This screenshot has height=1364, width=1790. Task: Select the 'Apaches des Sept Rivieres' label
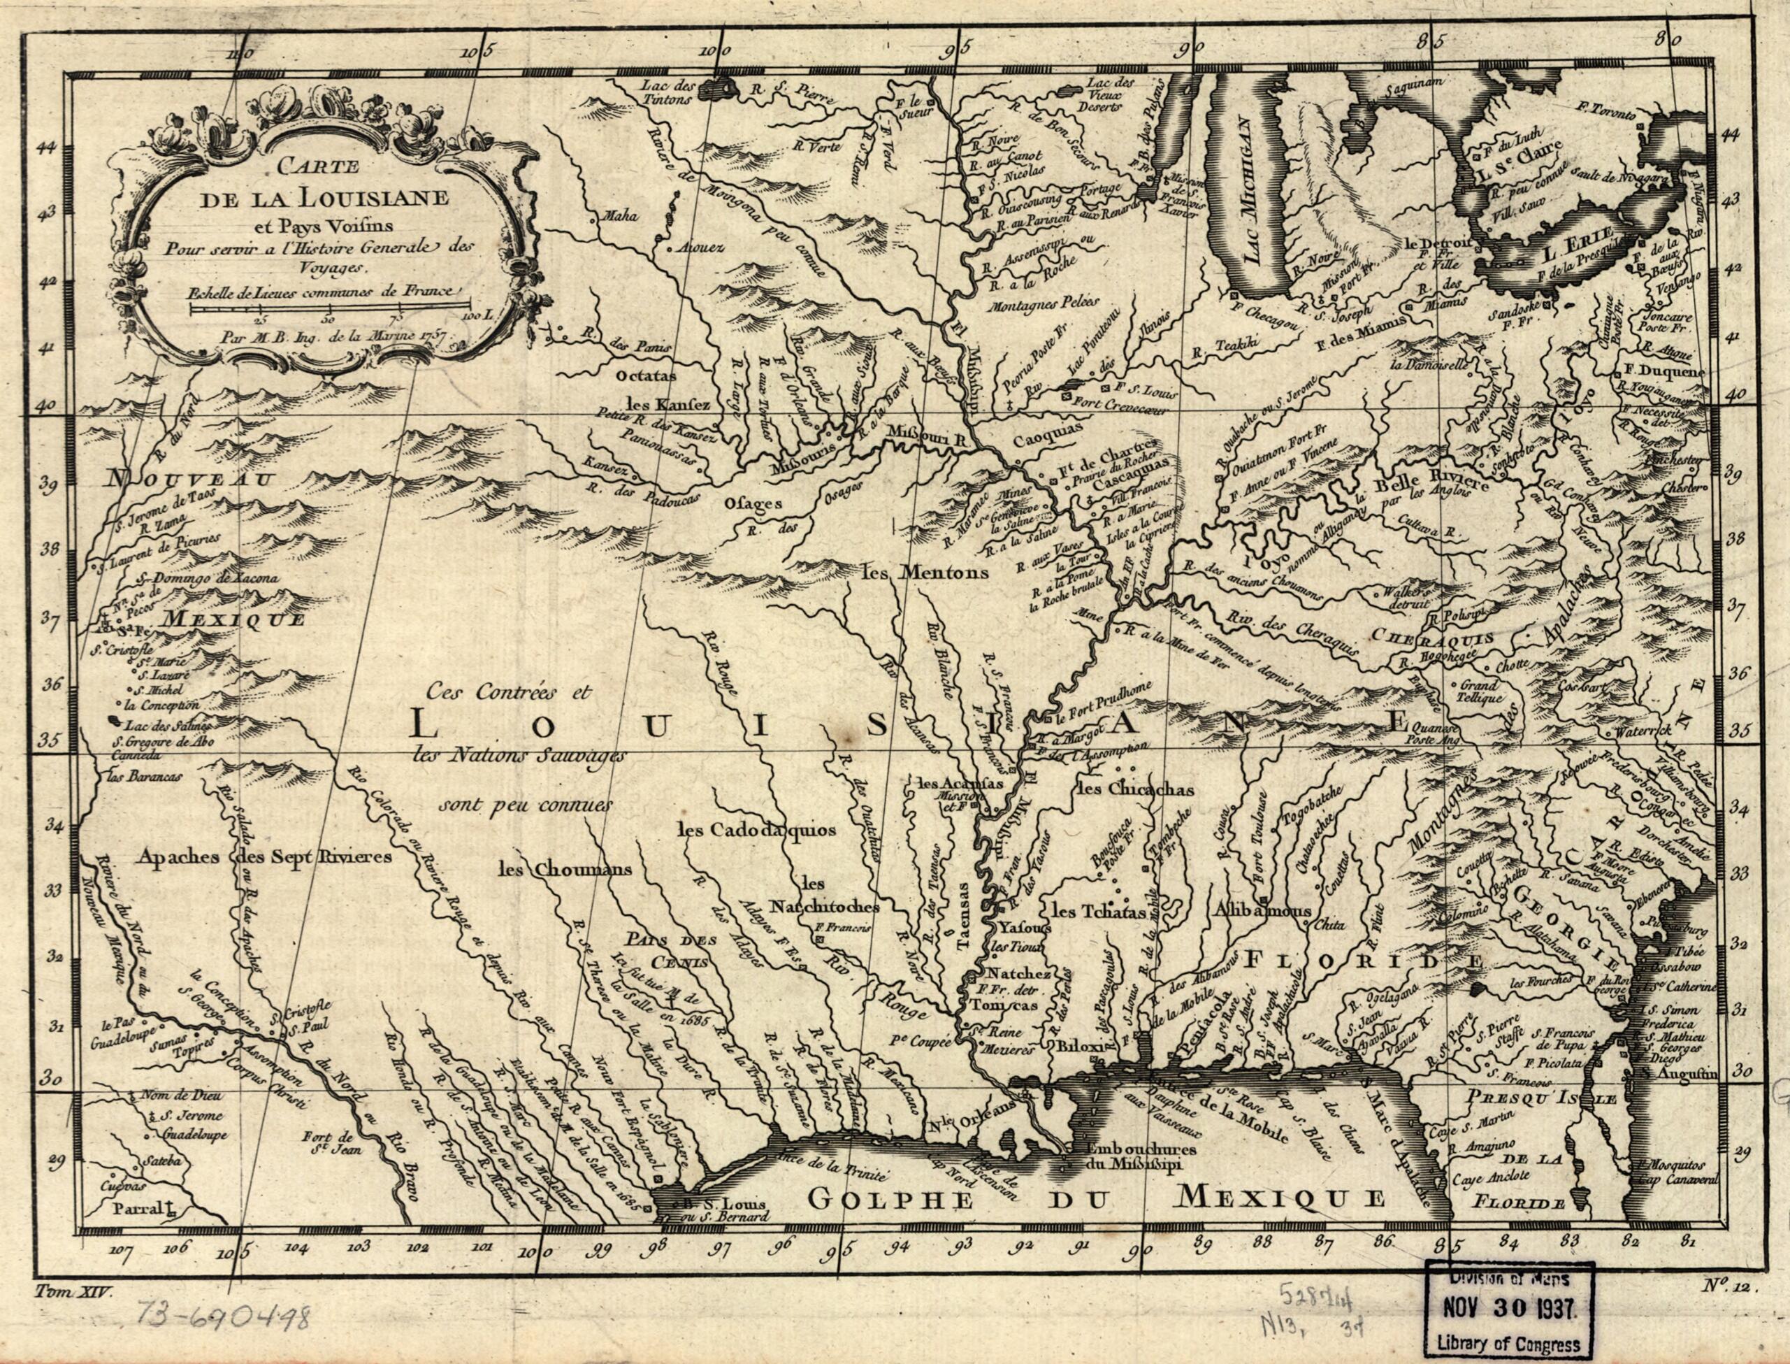coord(265,856)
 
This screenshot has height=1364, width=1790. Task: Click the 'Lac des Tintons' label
coord(669,92)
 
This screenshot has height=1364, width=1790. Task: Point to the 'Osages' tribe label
coord(754,503)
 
